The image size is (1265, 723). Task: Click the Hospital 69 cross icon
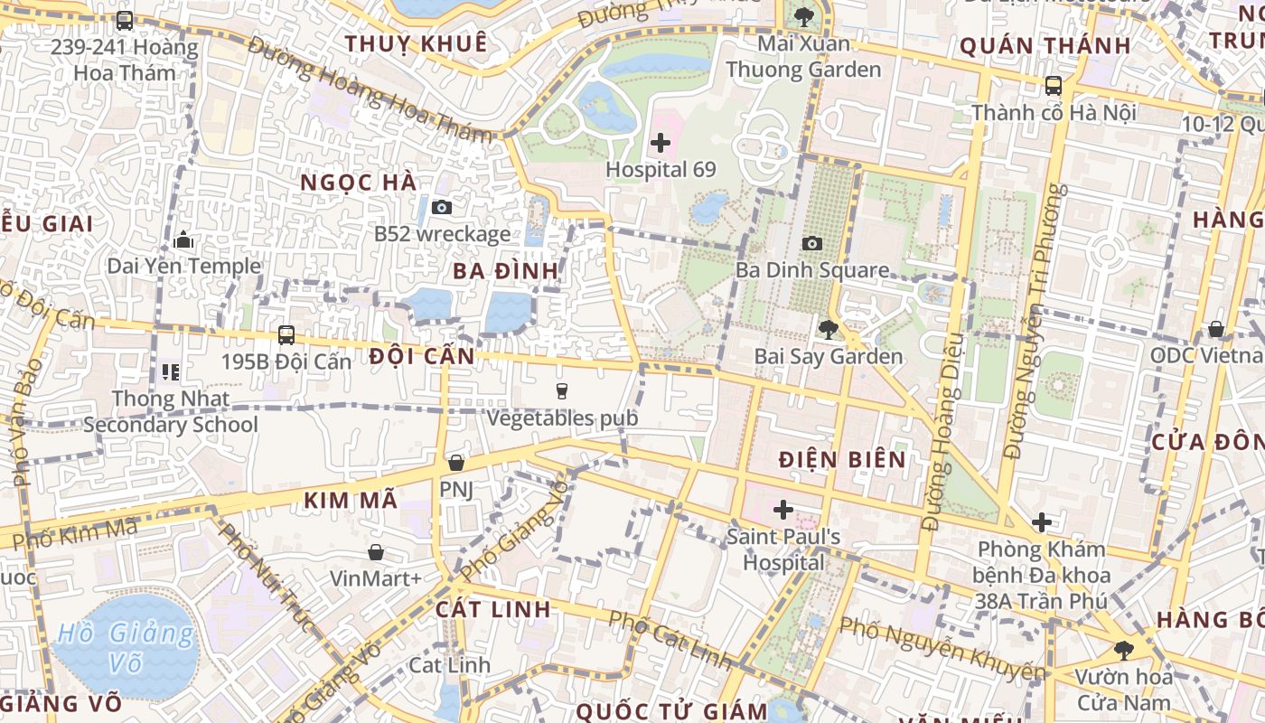coord(661,142)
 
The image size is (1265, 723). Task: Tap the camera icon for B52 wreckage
coord(441,207)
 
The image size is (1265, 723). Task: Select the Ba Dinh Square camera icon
coord(811,243)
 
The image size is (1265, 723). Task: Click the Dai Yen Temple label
coord(183,266)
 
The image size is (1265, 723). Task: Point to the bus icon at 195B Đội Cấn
coord(286,334)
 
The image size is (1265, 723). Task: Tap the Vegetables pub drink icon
coord(562,391)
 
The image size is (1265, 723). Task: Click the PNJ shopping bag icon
coord(456,463)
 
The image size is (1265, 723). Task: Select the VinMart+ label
coord(375,578)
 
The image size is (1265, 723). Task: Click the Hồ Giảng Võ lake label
coord(125,648)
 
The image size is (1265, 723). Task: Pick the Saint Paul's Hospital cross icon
coord(782,510)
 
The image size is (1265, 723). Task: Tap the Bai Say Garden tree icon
coord(828,330)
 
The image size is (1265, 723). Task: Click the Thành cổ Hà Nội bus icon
coord(1054,86)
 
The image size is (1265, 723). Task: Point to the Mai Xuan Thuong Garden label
coord(803,56)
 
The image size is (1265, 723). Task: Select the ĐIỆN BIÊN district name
coord(842,459)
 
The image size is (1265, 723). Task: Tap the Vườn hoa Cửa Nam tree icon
coord(1123,650)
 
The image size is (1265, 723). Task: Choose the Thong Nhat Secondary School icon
coord(170,371)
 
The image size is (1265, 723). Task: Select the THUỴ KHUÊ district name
coord(416,43)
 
